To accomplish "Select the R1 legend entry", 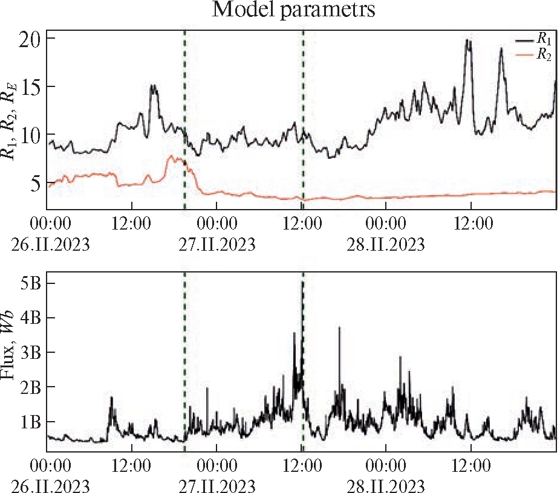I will point(542,39).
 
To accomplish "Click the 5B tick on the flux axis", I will point(30,283).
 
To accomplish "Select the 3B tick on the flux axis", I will point(30,352).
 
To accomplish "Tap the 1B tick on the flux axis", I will point(30,422).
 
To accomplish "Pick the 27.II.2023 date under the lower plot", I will point(217,486).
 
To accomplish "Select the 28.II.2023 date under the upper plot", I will point(386,245).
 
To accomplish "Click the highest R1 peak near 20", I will point(467,40).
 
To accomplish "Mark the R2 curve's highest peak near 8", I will point(172,156).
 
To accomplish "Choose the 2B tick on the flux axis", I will point(30,387).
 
